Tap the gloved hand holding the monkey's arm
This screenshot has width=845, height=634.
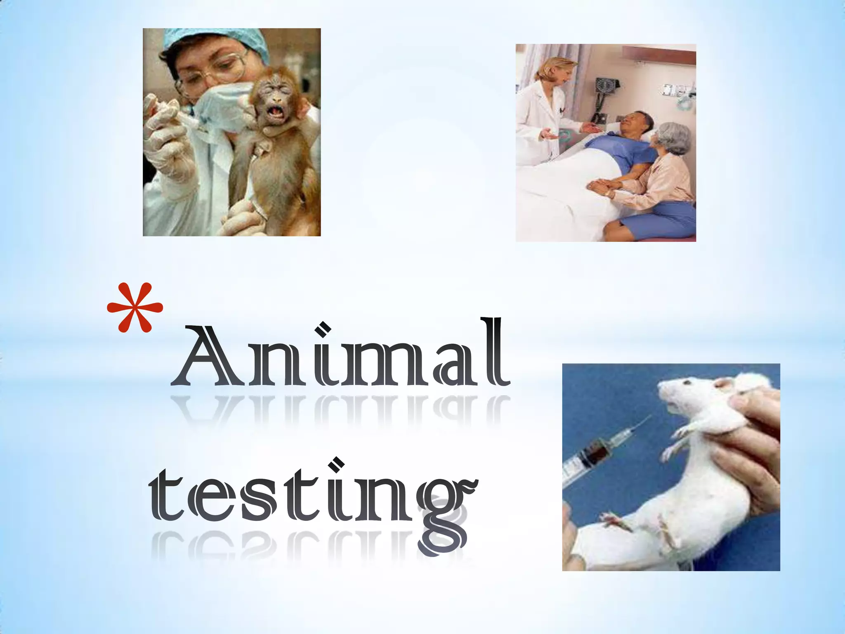pos(165,136)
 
